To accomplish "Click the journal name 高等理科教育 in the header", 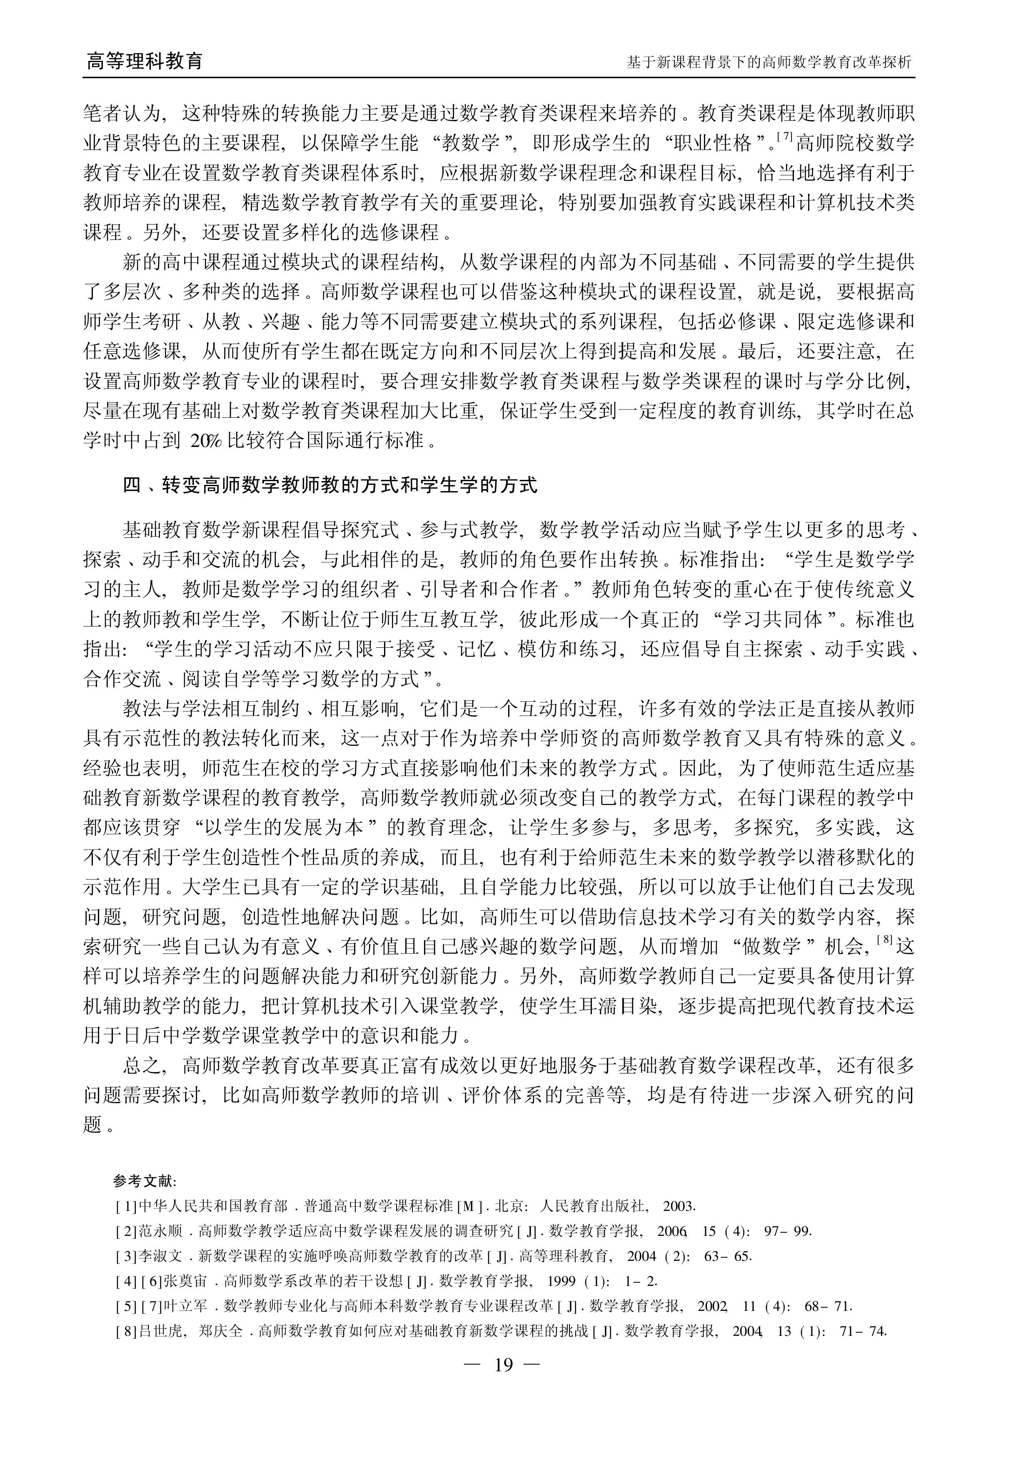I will point(145,61).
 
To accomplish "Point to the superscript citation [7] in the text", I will point(784,135).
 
